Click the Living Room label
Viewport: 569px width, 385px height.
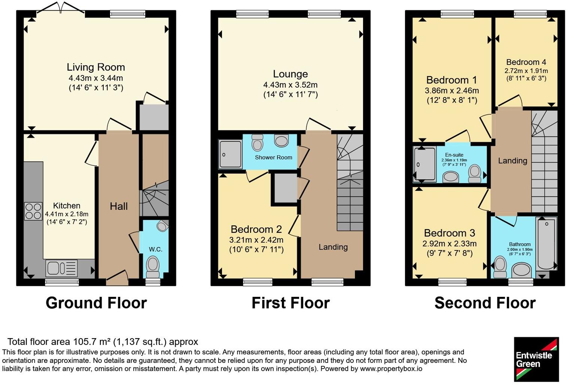click(96, 67)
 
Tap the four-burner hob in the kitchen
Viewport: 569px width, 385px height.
click(33, 211)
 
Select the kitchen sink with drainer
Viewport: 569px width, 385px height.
click(61, 268)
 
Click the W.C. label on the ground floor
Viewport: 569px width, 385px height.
click(155, 249)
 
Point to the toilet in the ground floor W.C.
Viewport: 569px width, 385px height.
click(153, 267)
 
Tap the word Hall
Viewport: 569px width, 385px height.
click(119, 206)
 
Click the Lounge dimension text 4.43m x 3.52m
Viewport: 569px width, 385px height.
click(290, 85)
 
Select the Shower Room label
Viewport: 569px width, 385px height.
click(273, 157)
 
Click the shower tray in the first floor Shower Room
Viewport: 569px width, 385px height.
click(230, 154)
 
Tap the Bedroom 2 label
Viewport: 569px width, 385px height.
click(256, 229)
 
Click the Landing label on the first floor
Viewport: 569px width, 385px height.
click(333, 247)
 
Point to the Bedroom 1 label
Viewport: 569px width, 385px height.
click(451, 80)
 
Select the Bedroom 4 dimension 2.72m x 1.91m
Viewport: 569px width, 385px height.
click(526, 71)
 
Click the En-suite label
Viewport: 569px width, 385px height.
click(454, 155)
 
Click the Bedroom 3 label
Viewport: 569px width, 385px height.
click(449, 233)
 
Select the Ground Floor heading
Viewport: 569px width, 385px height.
click(96, 303)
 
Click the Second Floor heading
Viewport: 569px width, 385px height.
click(485, 303)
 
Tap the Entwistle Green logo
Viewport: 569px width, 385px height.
click(536, 359)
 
